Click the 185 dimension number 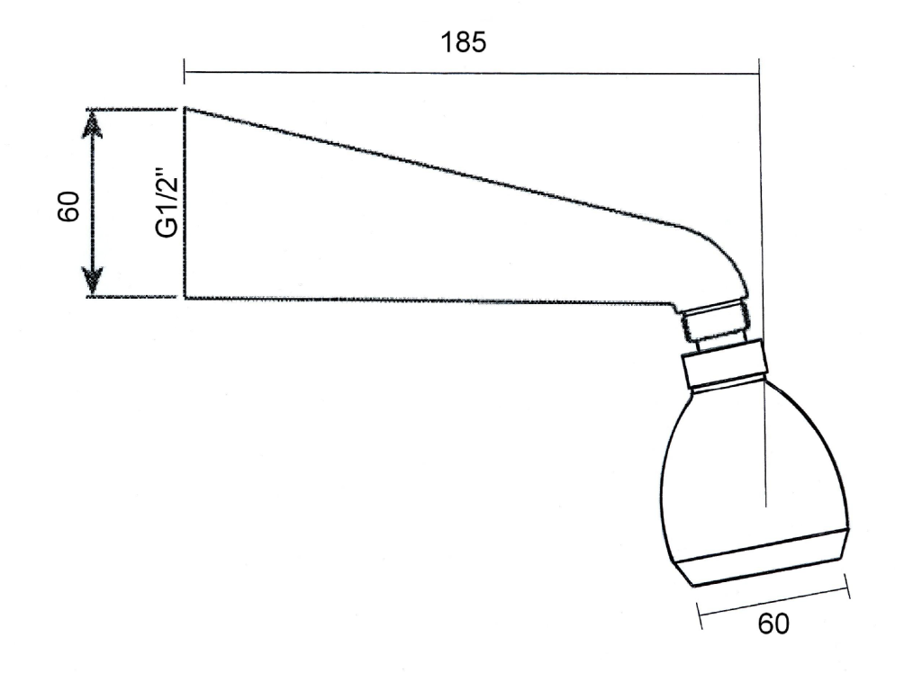pos(464,42)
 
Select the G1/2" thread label pos(167,203)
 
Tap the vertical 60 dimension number pos(68,206)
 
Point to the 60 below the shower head pos(773,624)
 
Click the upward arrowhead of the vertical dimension pos(93,124)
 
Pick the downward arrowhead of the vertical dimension pos(93,281)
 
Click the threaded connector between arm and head pos(714,322)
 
